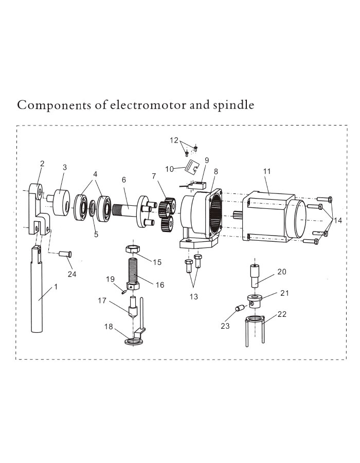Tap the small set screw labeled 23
(239, 308)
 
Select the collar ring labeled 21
(255, 299)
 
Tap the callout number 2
(42, 164)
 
